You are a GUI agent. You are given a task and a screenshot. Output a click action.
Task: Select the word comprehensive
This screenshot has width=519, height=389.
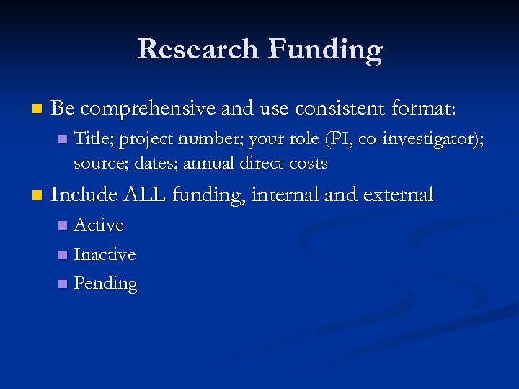[x=148, y=109]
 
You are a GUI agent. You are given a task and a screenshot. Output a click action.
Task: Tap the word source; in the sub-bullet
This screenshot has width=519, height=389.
[x=98, y=164]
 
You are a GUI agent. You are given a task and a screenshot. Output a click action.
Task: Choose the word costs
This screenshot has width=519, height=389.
[x=306, y=164]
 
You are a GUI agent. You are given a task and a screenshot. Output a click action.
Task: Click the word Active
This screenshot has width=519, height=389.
[x=99, y=225]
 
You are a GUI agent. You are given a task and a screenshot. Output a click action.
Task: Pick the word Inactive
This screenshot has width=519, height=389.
[x=105, y=254]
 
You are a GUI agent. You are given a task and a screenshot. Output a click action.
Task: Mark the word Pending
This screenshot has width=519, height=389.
[x=105, y=284]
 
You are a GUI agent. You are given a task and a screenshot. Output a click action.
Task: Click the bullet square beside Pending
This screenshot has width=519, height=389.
[x=62, y=284]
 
